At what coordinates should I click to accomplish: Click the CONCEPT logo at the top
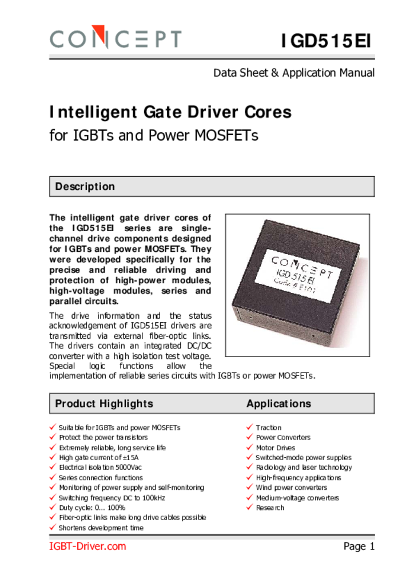pos(116,39)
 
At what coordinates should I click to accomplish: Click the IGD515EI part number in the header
pos(327,42)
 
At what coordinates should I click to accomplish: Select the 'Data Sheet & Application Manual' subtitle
pos(294,73)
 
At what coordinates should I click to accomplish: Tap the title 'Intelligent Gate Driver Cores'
pos(170,112)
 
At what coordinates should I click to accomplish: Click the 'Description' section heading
pos(85,187)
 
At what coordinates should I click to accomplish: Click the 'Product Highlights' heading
pos(104,403)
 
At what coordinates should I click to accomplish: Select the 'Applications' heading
pos(278,403)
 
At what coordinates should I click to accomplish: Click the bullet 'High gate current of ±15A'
pos(98,458)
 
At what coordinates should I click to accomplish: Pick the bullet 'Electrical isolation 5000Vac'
pos(100,468)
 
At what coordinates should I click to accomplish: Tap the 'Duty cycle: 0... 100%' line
pos(91,508)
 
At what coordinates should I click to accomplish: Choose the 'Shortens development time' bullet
pos(101,528)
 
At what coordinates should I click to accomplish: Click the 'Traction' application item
pos(268,427)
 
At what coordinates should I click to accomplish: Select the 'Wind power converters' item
pos(291,488)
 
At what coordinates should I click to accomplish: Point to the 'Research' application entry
pos(269,508)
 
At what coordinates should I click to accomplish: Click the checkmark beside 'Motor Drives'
pos(250,448)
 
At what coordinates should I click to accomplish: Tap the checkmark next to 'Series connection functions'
pos(53,477)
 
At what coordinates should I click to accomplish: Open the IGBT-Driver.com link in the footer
pos(87,547)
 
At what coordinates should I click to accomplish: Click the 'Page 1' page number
pos(359,547)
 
